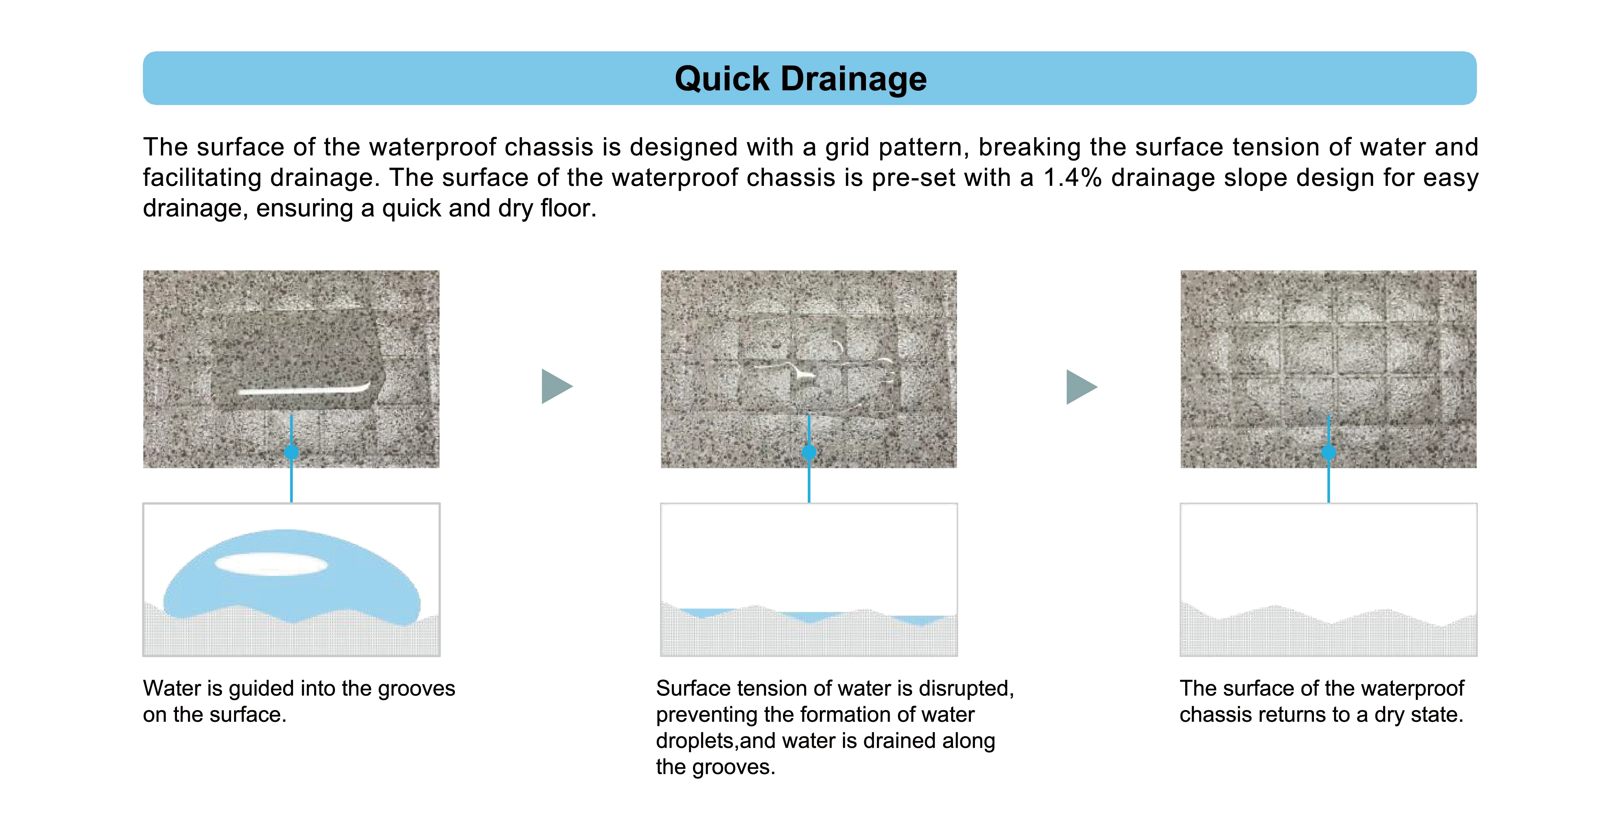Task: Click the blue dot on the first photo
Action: coord(291,452)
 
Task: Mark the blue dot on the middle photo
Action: coord(809,452)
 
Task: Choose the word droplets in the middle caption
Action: coord(696,741)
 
